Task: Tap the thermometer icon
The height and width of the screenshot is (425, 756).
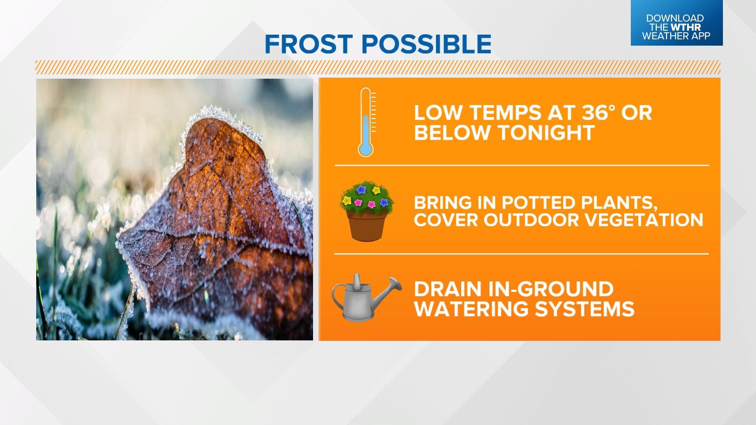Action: (366, 122)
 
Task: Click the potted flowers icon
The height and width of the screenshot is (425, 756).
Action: (367, 211)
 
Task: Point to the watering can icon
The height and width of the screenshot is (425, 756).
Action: (365, 297)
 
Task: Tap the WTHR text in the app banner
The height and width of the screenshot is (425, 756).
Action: (686, 27)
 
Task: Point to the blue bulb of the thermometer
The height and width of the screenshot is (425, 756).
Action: (365, 149)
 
